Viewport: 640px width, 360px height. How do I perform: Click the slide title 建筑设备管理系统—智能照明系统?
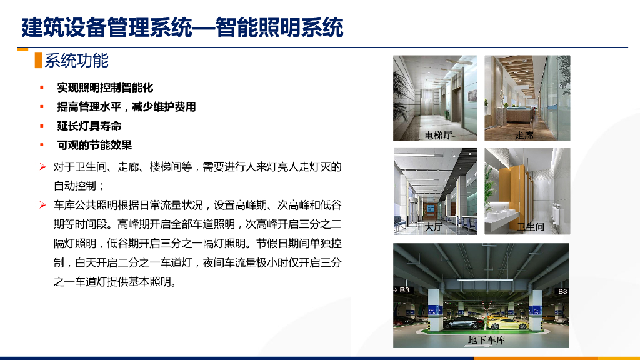click(182, 27)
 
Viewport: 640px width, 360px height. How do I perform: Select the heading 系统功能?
click(77, 61)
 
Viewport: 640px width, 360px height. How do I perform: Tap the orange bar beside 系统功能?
click(38, 61)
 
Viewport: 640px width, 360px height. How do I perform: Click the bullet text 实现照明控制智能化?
click(105, 87)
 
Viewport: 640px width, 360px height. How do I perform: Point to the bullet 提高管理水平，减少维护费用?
click(126, 107)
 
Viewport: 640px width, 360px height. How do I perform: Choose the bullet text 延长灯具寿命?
click(89, 126)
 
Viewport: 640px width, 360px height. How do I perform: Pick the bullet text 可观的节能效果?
click(94, 146)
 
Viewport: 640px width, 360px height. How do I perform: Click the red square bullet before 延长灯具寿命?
click(42, 126)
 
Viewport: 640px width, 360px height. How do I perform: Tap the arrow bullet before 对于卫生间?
click(42, 167)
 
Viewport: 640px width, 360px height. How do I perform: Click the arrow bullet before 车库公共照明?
click(42, 205)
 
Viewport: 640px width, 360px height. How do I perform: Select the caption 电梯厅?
click(438, 135)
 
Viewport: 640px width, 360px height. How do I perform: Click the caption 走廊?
click(524, 135)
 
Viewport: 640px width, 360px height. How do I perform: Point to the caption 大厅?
click(433, 227)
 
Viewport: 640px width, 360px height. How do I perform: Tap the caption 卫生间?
click(530, 227)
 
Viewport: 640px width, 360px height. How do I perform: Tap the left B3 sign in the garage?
click(405, 291)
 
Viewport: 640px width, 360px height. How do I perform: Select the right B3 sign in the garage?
click(562, 291)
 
